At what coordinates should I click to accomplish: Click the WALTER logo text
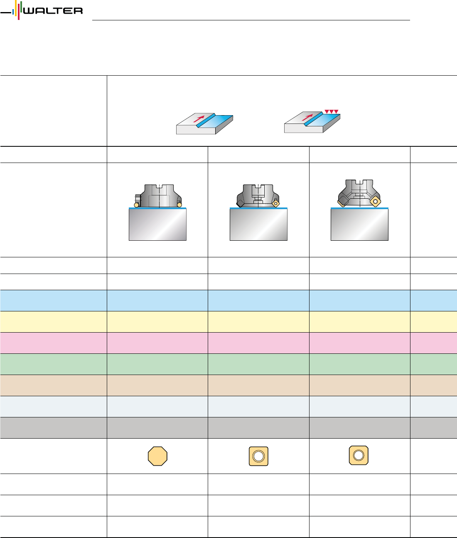click(x=53, y=11)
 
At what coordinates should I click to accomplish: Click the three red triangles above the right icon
click(x=332, y=111)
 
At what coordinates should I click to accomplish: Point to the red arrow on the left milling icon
click(x=199, y=118)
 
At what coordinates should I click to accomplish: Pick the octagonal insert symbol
click(x=157, y=456)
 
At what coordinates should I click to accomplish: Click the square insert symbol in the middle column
click(x=258, y=456)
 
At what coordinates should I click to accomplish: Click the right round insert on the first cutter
click(x=179, y=204)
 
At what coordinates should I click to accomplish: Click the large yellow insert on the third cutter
click(x=375, y=201)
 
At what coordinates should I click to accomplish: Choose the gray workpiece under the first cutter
click(x=157, y=225)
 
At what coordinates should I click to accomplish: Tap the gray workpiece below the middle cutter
click(x=258, y=225)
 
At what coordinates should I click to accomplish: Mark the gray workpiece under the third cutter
click(x=359, y=225)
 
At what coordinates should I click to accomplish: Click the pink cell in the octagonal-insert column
click(x=157, y=343)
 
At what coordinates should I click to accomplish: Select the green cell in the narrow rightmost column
click(x=433, y=364)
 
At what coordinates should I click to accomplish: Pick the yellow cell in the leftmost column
click(x=53, y=321)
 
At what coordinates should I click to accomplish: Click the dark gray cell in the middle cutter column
click(x=258, y=427)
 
